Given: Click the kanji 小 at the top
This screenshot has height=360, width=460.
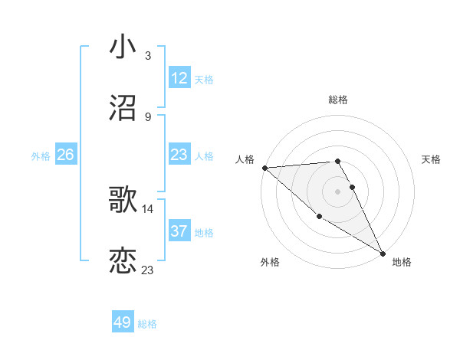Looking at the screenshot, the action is pos(123,47).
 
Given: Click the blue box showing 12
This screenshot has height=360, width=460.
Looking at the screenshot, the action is pos(179,78).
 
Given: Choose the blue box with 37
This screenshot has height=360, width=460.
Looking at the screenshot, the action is pos(179,231).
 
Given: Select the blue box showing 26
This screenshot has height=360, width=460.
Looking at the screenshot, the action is pos(66,155).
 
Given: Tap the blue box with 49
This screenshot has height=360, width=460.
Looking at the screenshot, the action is pos(123,322).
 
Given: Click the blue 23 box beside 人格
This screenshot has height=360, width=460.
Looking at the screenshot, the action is pos(179,155).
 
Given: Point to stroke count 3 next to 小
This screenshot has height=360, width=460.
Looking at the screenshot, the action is pos(147,56).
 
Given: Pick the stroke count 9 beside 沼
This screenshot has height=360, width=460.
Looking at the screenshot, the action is pos(147,117).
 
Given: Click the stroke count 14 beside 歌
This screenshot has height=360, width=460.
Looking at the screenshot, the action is pos(148,208).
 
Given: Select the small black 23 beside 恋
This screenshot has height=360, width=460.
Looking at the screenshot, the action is pos(148,270).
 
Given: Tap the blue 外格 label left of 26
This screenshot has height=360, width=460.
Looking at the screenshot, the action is pos(41,155).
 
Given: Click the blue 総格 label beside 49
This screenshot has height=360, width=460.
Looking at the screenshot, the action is pos(147,324).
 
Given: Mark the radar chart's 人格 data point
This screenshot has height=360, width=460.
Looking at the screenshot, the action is pos(264,168).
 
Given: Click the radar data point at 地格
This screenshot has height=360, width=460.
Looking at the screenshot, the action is pos(383,253).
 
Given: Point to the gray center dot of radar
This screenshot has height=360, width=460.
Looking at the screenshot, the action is pos(338,191).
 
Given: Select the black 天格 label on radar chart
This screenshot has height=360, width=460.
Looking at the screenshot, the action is pos(432,159).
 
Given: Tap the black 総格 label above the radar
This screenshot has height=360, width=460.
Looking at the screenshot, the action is pos(338,100).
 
